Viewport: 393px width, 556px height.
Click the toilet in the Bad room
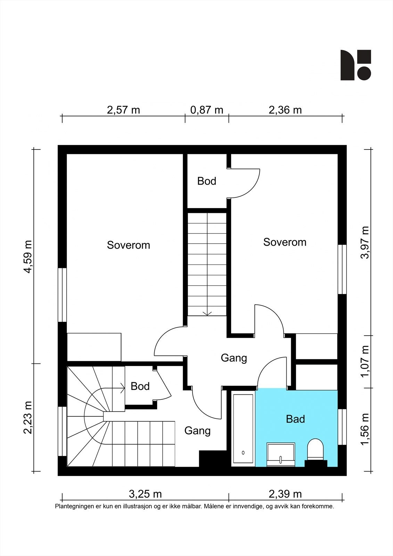(x=316, y=449)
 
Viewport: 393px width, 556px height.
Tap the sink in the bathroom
(x=281, y=454)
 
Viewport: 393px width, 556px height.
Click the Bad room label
(x=295, y=419)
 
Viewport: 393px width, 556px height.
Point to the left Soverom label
(x=128, y=245)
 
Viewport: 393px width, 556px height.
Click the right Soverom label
(x=285, y=242)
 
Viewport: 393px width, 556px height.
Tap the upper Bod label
(x=207, y=181)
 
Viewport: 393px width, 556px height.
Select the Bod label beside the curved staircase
(x=140, y=386)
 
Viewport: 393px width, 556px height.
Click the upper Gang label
(x=234, y=358)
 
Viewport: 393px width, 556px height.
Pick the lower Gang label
(x=197, y=431)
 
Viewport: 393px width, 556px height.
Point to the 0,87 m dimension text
(x=207, y=110)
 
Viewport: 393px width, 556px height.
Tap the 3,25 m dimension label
(x=145, y=494)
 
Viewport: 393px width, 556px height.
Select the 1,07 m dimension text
(x=365, y=362)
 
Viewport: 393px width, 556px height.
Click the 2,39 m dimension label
(x=285, y=494)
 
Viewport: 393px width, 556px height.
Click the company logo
(x=355, y=65)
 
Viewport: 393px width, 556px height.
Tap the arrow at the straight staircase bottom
(x=207, y=313)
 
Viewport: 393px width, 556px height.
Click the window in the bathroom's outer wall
(x=342, y=427)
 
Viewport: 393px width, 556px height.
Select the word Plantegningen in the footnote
(x=74, y=507)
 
